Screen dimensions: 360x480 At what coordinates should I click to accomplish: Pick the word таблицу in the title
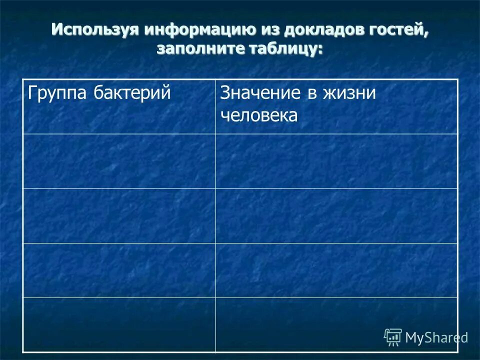pyautogui.click(x=285, y=48)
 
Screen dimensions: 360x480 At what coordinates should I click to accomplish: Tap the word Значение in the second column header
pyautogui.click(x=260, y=93)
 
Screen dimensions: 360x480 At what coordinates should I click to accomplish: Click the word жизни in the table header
pyautogui.click(x=349, y=93)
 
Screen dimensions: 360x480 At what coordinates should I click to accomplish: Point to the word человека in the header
pyautogui.click(x=259, y=115)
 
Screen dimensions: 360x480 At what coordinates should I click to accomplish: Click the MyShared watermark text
pyautogui.click(x=436, y=337)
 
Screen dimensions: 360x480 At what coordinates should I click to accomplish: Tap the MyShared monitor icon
pyautogui.click(x=393, y=337)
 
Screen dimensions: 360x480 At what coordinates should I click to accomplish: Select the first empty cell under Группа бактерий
pyautogui.click(x=119, y=161)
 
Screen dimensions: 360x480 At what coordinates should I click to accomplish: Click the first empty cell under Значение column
pyautogui.click(x=336, y=161)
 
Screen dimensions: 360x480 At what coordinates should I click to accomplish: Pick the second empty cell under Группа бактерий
pyautogui.click(x=119, y=215)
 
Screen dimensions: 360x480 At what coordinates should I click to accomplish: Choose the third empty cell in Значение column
pyautogui.click(x=336, y=270)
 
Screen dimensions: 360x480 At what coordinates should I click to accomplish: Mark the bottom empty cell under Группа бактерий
pyautogui.click(x=119, y=324)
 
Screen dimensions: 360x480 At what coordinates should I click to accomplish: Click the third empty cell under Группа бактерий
pyautogui.click(x=119, y=270)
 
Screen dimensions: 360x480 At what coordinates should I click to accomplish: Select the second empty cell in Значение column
pyautogui.click(x=336, y=215)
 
